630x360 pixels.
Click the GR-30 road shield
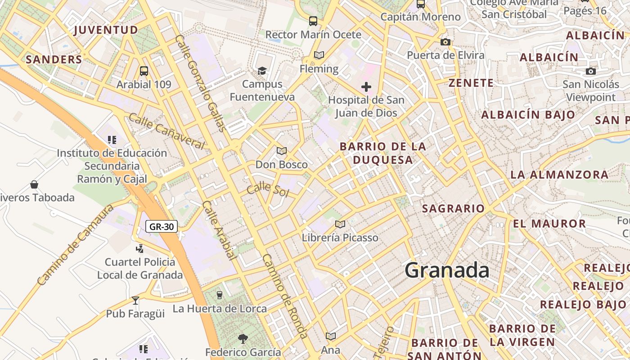coord(161,226)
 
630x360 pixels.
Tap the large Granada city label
coord(447,270)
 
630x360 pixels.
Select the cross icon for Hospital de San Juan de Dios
coord(366,86)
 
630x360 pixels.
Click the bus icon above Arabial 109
coord(144,71)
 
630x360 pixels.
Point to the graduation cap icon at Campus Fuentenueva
coord(262,70)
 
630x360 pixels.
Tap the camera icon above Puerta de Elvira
coord(445,42)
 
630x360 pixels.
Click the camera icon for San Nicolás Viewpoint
coord(591,71)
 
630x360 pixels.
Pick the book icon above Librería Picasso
coord(340,224)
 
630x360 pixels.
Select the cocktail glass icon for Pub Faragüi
coord(135,300)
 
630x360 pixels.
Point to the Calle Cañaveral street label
coord(166,131)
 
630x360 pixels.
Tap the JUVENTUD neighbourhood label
coord(106,30)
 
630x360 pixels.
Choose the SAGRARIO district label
coord(453,208)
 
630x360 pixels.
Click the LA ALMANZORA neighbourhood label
coord(559,175)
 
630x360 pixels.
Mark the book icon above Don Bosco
coord(282,151)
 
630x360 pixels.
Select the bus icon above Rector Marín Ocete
coord(313,21)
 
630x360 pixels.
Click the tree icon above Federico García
coord(243,338)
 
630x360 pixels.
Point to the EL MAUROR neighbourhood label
coord(549,224)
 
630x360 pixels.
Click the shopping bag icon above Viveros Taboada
coord(34,184)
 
